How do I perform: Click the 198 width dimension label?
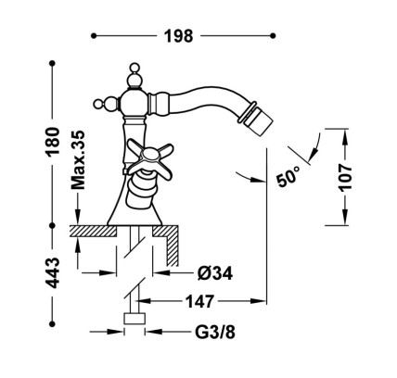click(x=178, y=36)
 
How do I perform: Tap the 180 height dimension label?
click(x=52, y=141)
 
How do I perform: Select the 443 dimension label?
click(x=52, y=272)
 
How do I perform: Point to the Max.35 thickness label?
click(x=78, y=160)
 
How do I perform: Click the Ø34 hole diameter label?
click(x=215, y=273)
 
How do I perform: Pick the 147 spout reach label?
click(x=199, y=301)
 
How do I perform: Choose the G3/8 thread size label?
click(x=215, y=332)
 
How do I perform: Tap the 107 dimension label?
click(x=345, y=178)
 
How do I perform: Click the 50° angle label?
click(x=288, y=176)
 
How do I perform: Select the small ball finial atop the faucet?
click(x=134, y=68)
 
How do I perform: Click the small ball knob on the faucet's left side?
click(x=98, y=104)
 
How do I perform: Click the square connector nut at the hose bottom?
click(x=134, y=319)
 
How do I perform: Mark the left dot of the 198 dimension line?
click(x=94, y=36)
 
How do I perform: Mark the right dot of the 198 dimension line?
click(x=273, y=36)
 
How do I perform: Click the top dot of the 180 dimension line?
click(x=52, y=63)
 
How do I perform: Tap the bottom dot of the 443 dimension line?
click(x=52, y=323)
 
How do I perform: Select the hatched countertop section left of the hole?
click(x=93, y=231)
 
